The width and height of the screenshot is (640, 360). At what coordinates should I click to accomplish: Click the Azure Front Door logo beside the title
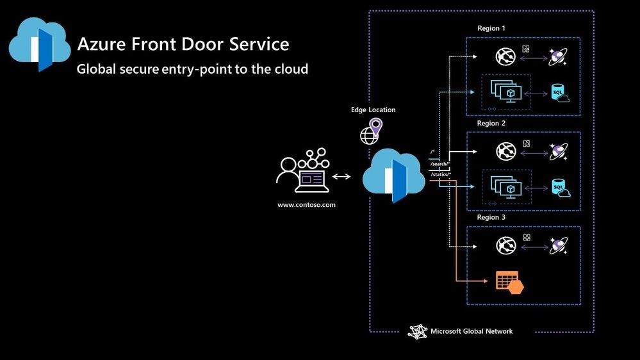pos(40,45)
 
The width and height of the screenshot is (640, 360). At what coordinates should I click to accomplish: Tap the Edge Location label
pos(373,110)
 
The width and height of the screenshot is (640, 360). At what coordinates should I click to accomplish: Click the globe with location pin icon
pos(371,131)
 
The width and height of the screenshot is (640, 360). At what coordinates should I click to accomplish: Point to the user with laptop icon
pos(302,171)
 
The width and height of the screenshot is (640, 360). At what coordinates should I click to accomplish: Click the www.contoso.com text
pos(306,205)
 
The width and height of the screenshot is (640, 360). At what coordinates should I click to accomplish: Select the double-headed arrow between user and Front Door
pos(341,176)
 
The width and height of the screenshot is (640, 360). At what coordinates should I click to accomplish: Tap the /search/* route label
pos(441,163)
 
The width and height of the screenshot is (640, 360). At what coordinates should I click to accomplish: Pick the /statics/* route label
pos(441,174)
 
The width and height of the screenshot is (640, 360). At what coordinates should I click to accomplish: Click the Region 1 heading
pos(491,28)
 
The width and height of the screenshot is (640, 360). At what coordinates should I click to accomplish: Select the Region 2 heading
pos(491,123)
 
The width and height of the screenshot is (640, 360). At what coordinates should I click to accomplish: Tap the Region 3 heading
pos(491,217)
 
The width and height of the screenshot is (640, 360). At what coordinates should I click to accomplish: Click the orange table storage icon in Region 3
pos(509,282)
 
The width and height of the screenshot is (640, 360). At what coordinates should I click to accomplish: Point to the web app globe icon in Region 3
pos(505,245)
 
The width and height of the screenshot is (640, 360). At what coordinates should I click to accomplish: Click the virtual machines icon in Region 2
pos(505,186)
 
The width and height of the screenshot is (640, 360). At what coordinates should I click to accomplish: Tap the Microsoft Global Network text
pos(471,331)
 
